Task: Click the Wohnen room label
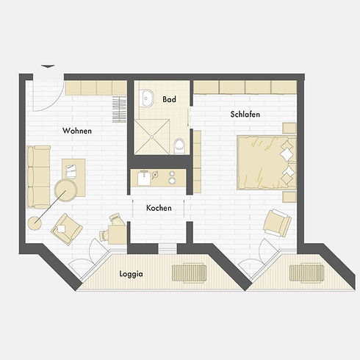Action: [77, 131]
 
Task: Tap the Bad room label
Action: [169, 99]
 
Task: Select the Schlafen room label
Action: [245, 115]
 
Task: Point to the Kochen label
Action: [159, 208]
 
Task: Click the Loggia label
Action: [131, 274]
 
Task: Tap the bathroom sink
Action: [146, 98]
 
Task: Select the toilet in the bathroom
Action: [179, 146]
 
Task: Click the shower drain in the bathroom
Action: [152, 137]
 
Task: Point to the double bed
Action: [267, 162]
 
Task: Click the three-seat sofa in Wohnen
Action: [38, 177]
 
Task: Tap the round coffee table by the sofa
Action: [65, 190]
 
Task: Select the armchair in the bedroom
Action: [277, 223]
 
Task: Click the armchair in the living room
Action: [67, 228]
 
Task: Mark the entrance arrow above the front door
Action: [48, 66]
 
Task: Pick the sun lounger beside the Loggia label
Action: [190, 273]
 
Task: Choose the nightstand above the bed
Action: [289, 128]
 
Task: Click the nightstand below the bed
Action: [289, 197]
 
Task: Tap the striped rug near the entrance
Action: [119, 109]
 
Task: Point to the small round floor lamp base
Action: [35, 223]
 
